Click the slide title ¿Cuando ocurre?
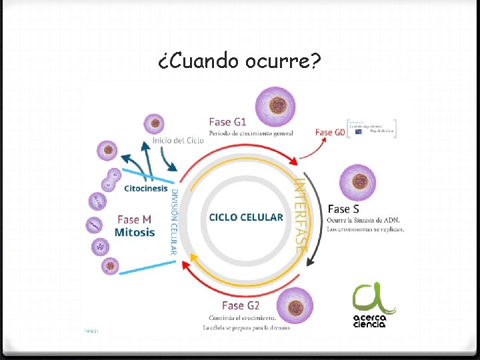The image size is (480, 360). click(240, 61)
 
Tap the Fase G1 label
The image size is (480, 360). click(227, 122)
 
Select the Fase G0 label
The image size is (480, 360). click(330, 132)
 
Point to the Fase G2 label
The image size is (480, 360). click(240, 305)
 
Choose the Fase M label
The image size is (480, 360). click(134, 219)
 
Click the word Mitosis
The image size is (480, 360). click(134, 233)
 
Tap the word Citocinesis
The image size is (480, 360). click(145, 188)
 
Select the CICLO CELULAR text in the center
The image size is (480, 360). click(245, 217)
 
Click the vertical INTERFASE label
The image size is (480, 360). click(301, 213)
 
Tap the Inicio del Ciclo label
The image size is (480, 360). click(178, 140)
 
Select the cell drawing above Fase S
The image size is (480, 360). click(357, 181)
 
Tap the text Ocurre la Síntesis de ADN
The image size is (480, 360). click(363, 220)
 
